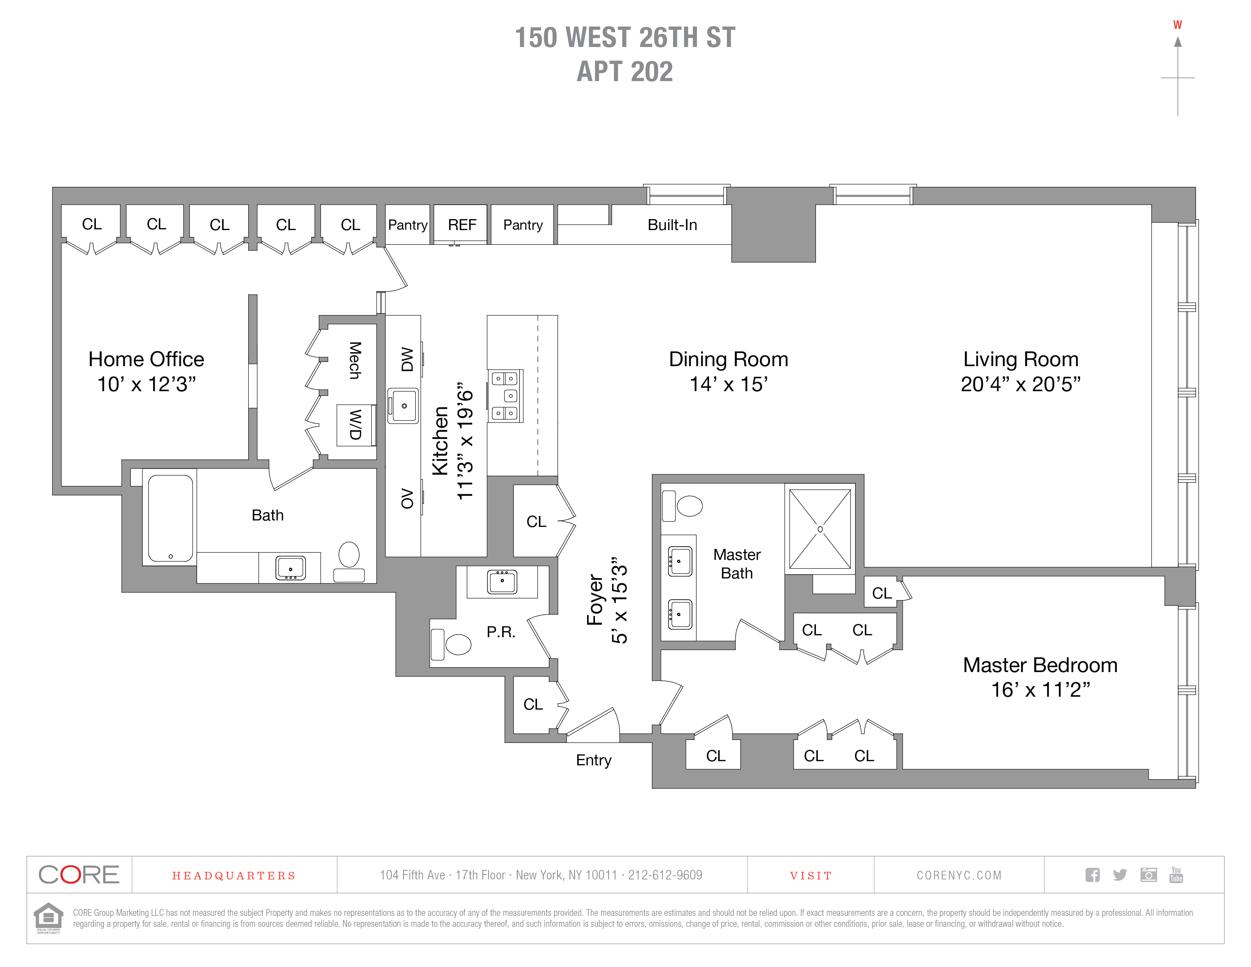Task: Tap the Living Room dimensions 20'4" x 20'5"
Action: point(1020,384)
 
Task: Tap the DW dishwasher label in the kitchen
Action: point(407,359)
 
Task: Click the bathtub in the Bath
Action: point(170,518)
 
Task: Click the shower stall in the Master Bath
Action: point(820,529)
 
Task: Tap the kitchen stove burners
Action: point(505,396)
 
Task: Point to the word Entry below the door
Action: point(593,760)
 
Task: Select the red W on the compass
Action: point(1177,25)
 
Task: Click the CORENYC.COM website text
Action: point(959,875)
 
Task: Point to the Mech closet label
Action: point(355,360)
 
